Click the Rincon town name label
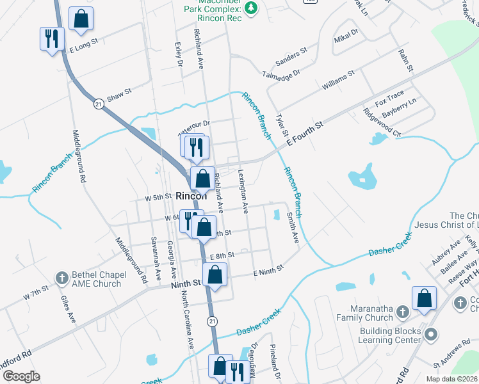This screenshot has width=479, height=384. coord(190,197)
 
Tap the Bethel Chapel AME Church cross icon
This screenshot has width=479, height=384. coord(61,278)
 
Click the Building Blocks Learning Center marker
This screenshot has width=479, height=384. coord(431,334)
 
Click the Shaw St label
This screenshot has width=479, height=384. coord(119,92)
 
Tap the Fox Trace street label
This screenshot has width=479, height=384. coord(389,100)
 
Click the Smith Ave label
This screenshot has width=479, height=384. coord(293,228)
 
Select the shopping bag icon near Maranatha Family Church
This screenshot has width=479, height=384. coord(424,298)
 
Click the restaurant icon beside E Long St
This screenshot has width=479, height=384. coord(51,39)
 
